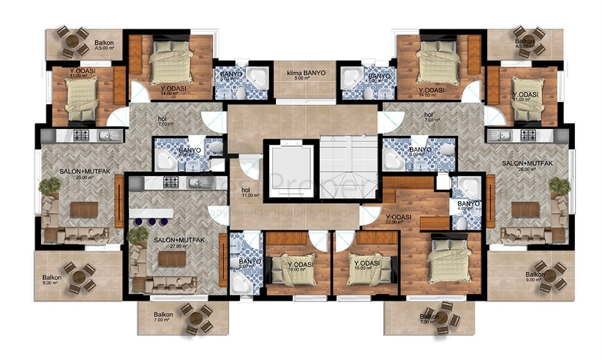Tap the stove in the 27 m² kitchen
click(x=166, y=183)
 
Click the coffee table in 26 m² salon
click(x=525, y=210)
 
